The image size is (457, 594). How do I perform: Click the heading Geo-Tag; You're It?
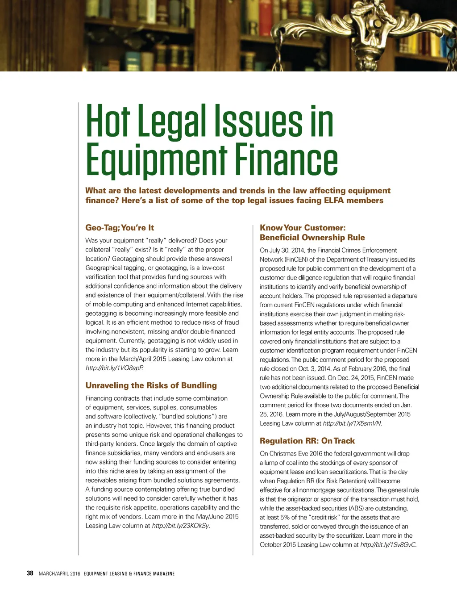tap(120, 228)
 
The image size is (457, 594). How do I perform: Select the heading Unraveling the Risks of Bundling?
tap(151, 385)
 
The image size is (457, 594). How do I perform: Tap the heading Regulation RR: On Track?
tap(307, 441)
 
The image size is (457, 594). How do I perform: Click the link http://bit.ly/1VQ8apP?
tap(114, 368)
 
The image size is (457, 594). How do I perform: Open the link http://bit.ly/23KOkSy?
tap(180, 526)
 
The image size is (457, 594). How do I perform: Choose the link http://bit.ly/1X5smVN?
tap(352, 423)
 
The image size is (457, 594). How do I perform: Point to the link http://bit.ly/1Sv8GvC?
tap(388, 545)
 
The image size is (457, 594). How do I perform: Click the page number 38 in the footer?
tap(30, 573)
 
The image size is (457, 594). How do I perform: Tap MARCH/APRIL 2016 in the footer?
tap(59, 573)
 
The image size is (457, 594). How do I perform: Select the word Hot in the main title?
tap(108, 121)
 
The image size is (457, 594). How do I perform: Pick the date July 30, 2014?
tap(287, 251)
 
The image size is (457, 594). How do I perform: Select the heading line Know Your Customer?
tap(303, 228)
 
